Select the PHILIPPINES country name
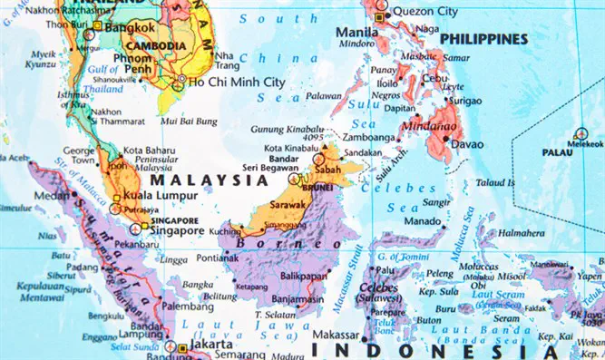[483, 39]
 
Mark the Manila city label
[356, 32]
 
